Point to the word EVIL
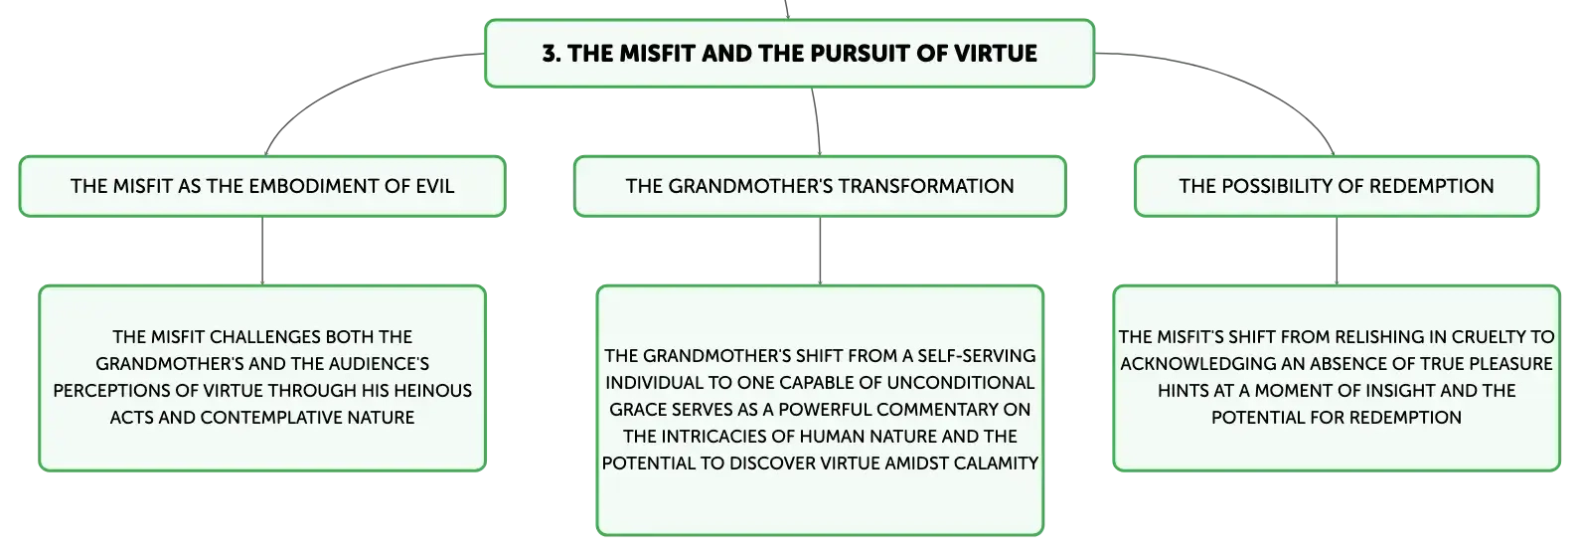coord(434,186)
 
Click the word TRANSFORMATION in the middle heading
coord(925,186)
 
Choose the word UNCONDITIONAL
coord(961,383)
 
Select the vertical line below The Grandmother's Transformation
coord(820,251)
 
